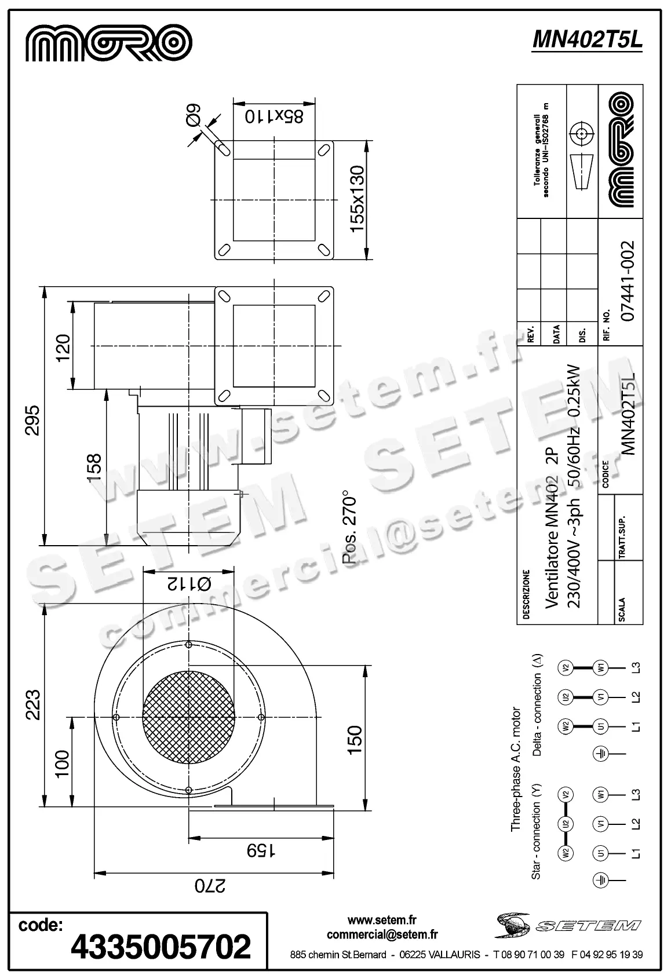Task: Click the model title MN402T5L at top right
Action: tap(586, 39)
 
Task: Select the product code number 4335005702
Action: tap(161, 946)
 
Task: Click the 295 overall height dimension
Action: tap(32, 421)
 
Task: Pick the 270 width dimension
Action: tap(209, 886)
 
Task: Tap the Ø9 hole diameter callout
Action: tap(193, 114)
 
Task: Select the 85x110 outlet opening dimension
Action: tap(273, 116)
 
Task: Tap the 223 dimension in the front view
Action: tap(32, 704)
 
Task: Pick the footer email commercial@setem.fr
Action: tap(382, 934)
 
